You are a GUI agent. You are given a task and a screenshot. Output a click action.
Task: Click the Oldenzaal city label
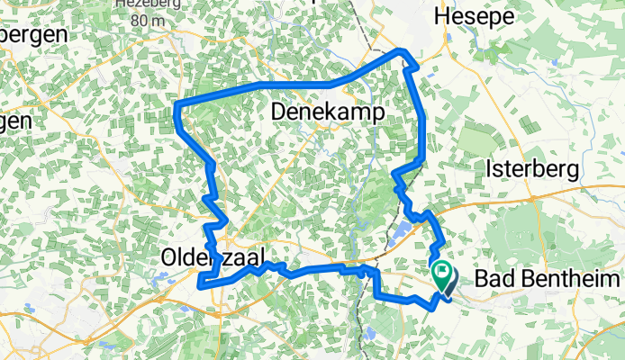point(212,257)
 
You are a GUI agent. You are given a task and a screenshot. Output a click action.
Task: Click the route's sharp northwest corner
point(177,108)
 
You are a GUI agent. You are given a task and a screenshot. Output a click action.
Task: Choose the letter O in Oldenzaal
point(168,257)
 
